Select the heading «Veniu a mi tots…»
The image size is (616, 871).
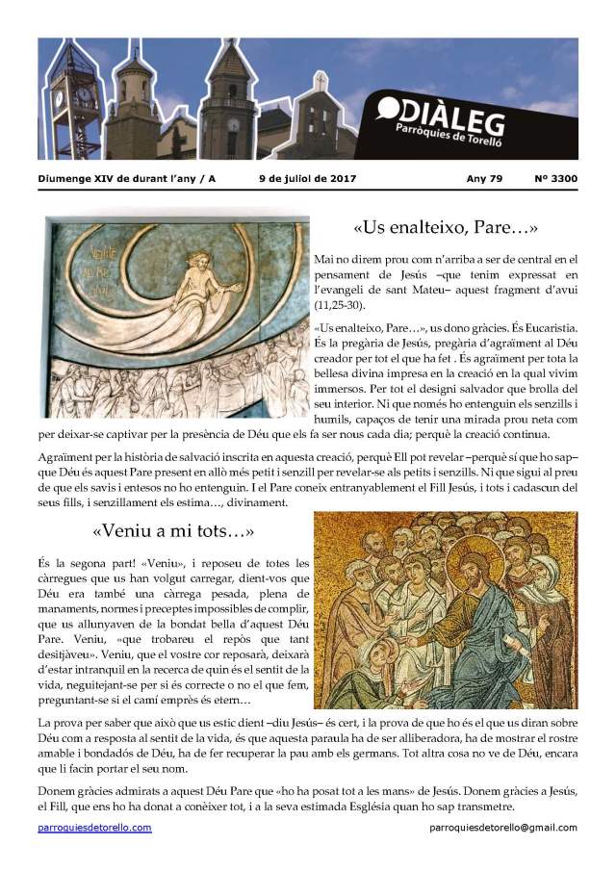tap(173, 530)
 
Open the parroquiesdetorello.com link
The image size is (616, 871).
tap(94, 828)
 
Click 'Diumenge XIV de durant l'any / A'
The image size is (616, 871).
tap(127, 178)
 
